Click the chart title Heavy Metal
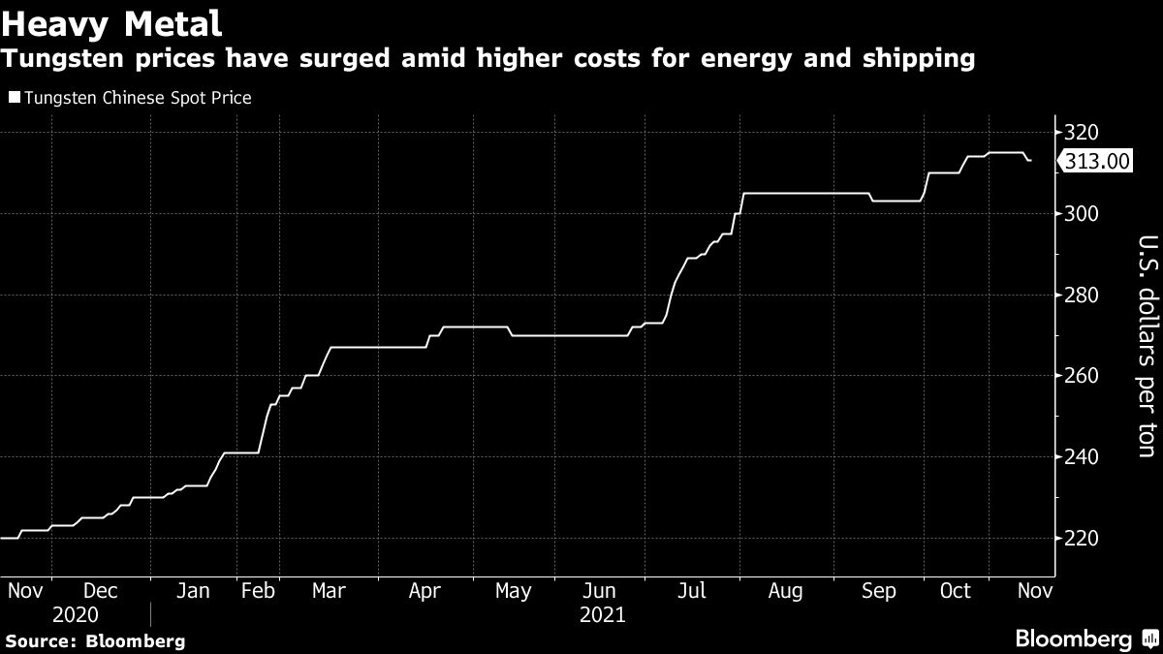pos(113,20)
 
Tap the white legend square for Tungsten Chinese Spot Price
pos(13,97)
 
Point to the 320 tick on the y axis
pos(1081,133)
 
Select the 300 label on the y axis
pos(1081,213)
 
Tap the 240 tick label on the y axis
pos(1081,456)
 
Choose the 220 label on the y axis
pos(1081,538)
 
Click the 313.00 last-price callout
pos(1097,162)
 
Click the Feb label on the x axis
pos(258,592)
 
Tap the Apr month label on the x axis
pos(425,592)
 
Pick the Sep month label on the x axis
pos(878,592)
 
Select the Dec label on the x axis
pos(101,592)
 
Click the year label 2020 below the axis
pos(77,615)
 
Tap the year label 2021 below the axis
pos(602,615)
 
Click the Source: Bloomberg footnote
pos(95,640)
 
